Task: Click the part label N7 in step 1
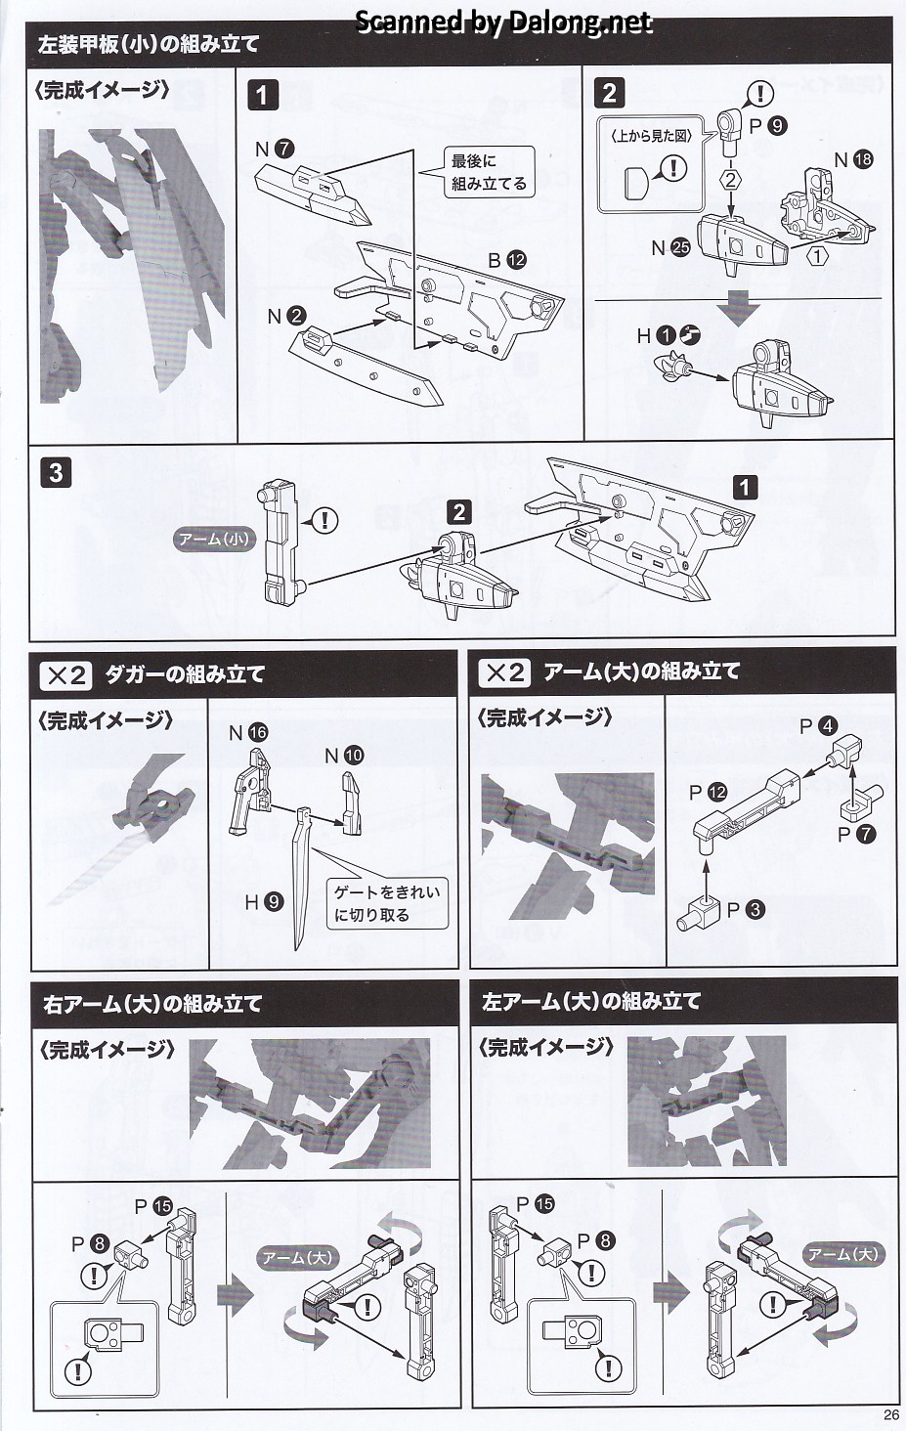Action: pyautogui.click(x=274, y=150)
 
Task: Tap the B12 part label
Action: pyautogui.click(x=506, y=260)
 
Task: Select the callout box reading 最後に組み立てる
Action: pyautogui.click(x=488, y=172)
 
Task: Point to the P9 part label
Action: pyautogui.click(x=767, y=125)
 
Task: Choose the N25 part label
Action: pyautogui.click(x=670, y=247)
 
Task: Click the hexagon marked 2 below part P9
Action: pyautogui.click(x=730, y=180)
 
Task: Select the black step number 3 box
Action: pyautogui.click(x=56, y=473)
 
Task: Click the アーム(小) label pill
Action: pyautogui.click(x=213, y=539)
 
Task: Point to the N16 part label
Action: pyautogui.click(x=247, y=732)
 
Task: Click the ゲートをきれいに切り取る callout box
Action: pyautogui.click(x=386, y=903)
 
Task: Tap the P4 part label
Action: pyautogui.click(x=817, y=726)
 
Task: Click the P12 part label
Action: pyautogui.click(x=708, y=792)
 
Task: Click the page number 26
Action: pyautogui.click(x=888, y=1414)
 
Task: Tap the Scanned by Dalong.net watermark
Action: pyautogui.click(x=502, y=22)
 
